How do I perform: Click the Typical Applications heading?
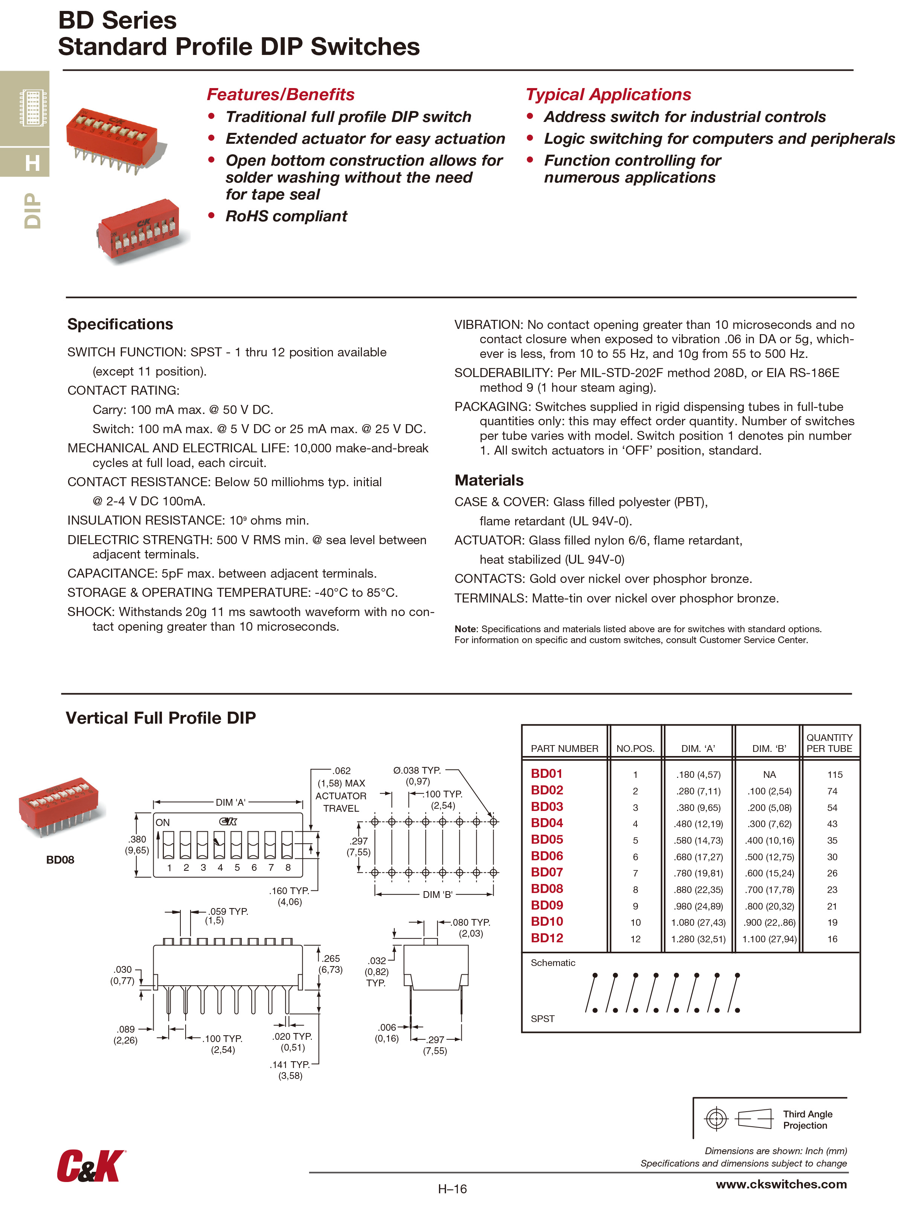pos(608,94)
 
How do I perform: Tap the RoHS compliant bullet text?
pos(286,216)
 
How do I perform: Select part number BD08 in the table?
pos(547,889)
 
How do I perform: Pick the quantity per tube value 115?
pos(834,775)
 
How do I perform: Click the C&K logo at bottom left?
pos(91,1166)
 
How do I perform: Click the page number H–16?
pos(452,1189)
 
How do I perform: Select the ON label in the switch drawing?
pos(163,823)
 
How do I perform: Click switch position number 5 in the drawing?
pos(237,867)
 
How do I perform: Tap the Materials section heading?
pos(488,481)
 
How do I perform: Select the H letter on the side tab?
pos(32,163)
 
